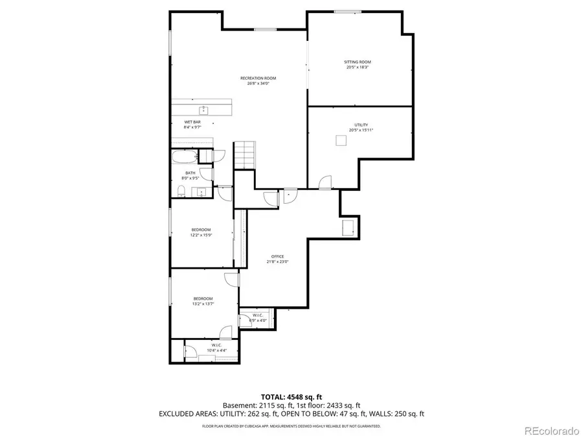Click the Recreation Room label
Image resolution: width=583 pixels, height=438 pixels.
(261, 79)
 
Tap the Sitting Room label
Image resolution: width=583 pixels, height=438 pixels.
(357, 62)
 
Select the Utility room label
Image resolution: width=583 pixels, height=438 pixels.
(361, 125)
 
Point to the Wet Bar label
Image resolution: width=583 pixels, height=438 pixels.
(192, 122)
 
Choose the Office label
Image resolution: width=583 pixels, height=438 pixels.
(277, 256)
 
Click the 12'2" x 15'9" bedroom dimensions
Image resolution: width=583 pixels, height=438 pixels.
(201, 235)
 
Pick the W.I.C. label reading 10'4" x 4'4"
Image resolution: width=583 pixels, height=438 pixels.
(216, 350)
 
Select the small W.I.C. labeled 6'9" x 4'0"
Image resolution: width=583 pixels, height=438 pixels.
(257, 320)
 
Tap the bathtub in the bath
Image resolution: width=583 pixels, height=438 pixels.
(184, 156)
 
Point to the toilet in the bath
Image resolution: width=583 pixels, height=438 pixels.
(182, 190)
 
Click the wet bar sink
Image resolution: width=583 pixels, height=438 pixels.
(203, 110)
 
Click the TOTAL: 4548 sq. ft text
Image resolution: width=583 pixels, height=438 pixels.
(291, 396)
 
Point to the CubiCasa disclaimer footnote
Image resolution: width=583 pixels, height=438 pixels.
(291, 426)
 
